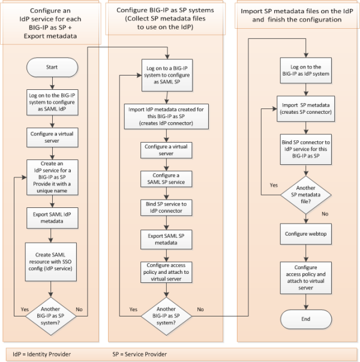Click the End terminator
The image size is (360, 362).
(306, 318)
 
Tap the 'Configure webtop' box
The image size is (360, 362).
(306, 232)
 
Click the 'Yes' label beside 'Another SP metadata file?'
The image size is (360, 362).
(274, 186)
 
